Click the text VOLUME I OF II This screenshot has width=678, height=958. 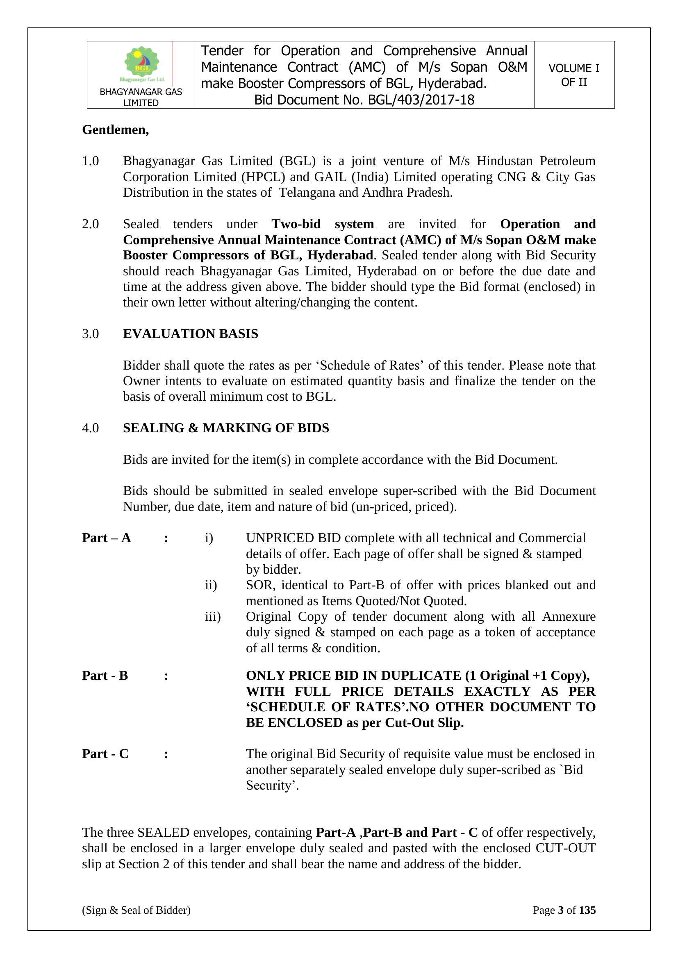click(x=573, y=75)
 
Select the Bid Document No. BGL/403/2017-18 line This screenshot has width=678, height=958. click(x=364, y=100)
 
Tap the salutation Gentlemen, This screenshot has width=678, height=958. click(x=115, y=130)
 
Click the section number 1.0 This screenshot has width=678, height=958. click(x=90, y=161)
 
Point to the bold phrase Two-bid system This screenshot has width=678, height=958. click(x=323, y=224)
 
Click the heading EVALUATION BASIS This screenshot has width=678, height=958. click(x=190, y=334)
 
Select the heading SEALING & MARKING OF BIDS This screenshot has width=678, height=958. click(x=226, y=428)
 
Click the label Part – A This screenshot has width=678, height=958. click(x=107, y=538)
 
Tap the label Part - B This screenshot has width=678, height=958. click(x=105, y=676)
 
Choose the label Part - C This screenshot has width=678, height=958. click(x=105, y=754)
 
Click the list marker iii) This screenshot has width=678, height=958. click(x=212, y=616)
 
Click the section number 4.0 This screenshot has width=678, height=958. click(x=90, y=428)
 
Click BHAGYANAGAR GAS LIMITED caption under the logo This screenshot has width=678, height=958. click(x=141, y=97)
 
